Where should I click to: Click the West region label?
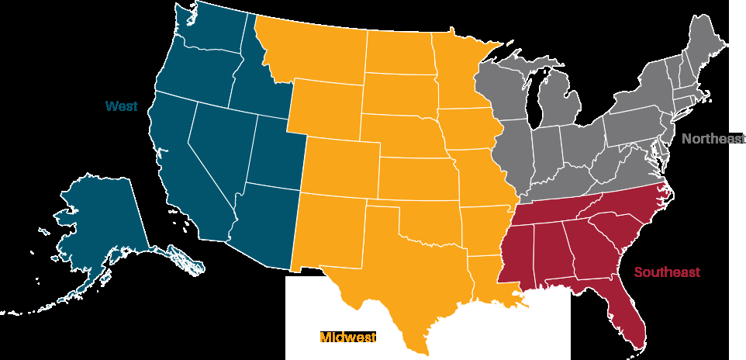(122, 106)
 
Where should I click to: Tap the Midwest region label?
(348, 337)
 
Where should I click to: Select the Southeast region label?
(667, 272)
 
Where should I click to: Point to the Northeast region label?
(713, 139)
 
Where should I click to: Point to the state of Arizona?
(260, 225)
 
